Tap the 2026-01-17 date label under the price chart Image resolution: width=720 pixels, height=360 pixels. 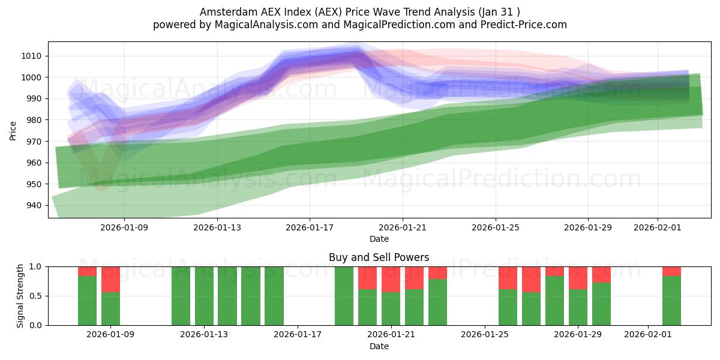[x=310, y=227]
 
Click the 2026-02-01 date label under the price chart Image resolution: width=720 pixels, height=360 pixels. [x=658, y=227]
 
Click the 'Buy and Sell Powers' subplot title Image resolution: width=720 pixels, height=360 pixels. [x=379, y=257]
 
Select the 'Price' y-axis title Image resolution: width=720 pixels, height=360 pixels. [x=13, y=130]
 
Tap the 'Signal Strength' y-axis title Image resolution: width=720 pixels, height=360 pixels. [x=20, y=295]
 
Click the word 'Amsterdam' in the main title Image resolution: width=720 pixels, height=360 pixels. [x=225, y=11]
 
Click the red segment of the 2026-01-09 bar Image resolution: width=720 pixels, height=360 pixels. [x=110, y=279]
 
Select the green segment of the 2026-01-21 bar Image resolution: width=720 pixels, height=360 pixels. [x=391, y=308]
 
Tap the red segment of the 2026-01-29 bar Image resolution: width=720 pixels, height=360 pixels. [x=578, y=278]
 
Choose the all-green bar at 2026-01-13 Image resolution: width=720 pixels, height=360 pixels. [x=204, y=296]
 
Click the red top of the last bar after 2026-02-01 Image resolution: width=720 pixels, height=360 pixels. [x=671, y=271]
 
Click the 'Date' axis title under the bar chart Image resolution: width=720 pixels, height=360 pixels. [x=379, y=346]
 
